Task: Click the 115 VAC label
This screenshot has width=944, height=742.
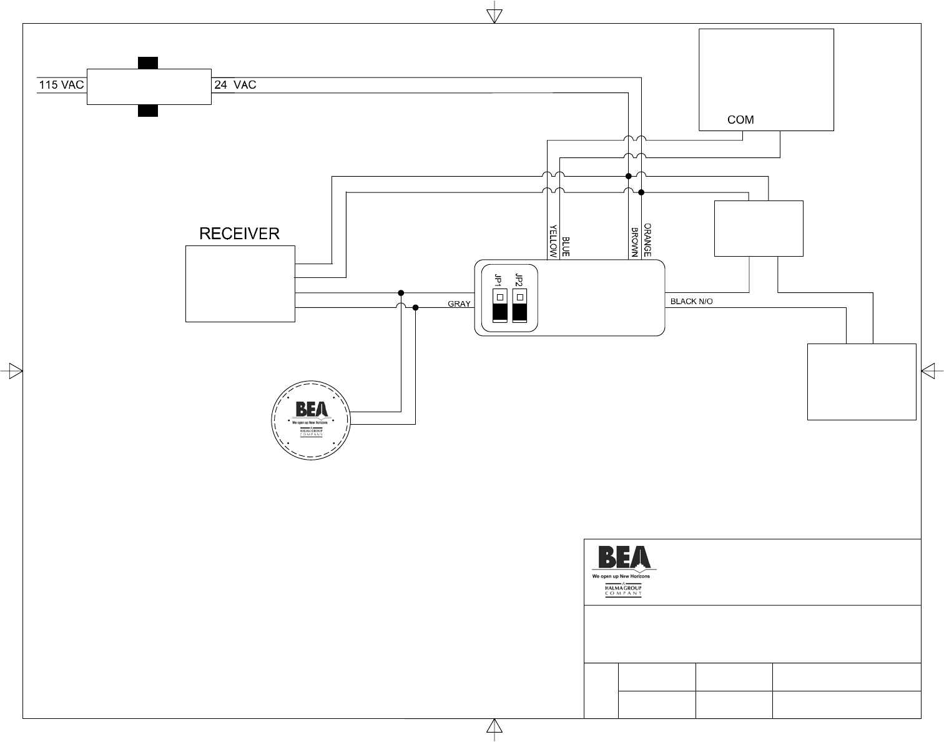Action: [61, 85]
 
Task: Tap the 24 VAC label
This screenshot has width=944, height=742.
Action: [235, 85]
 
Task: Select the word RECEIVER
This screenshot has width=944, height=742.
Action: [239, 234]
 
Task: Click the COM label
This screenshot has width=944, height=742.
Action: [740, 120]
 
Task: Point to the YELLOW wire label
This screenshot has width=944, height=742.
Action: [553, 241]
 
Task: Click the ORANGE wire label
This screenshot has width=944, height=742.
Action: [647, 240]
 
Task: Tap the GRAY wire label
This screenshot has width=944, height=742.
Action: [459, 304]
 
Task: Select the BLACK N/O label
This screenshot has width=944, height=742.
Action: [691, 302]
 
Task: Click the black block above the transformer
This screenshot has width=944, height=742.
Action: [147, 62]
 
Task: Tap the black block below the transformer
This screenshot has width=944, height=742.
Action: [147, 111]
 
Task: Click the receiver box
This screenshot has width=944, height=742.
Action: [240, 284]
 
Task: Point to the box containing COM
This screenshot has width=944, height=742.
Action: [766, 80]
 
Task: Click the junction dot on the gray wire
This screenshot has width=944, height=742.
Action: [416, 307]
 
